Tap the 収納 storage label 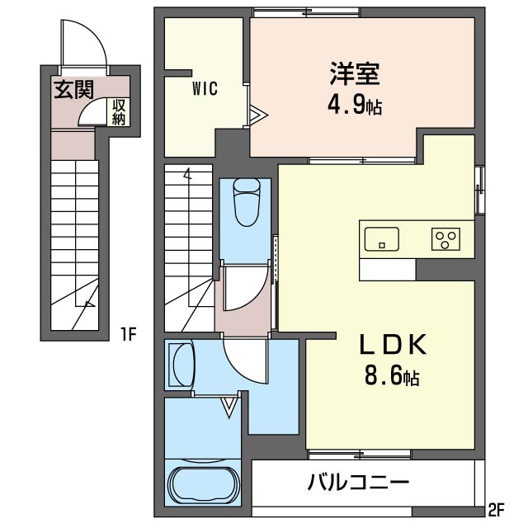click(119, 111)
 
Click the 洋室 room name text click(355, 75)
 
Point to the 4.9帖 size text click(356, 106)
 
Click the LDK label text click(391, 346)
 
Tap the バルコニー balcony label click(359, 482)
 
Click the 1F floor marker click(128, 334)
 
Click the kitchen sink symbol click(380, 238)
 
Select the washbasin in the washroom click(181, 363)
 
